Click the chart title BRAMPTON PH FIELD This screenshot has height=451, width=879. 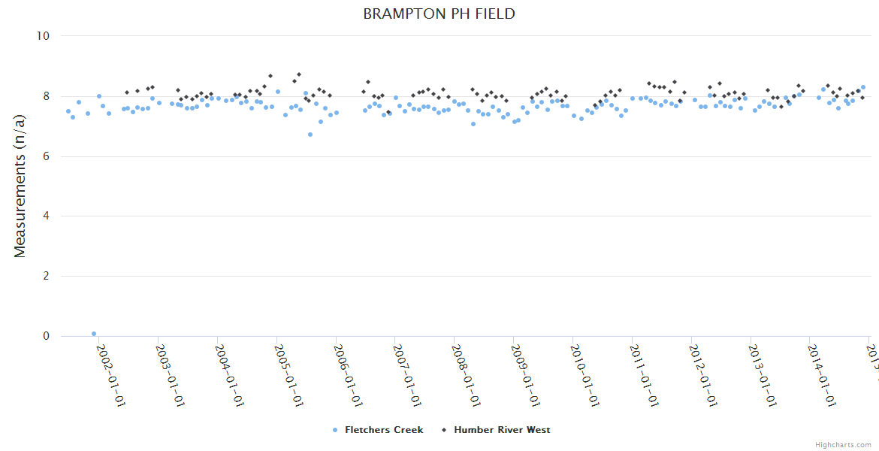[439, 14]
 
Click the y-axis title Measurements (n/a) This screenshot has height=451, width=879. [20, 186]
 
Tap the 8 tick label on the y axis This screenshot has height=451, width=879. [45, 96]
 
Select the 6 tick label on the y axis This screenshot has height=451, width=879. [45, 156]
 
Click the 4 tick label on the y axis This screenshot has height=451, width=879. [45, 216]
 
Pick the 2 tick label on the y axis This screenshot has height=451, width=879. [45, 277]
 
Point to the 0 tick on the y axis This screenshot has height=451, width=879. [45, 337]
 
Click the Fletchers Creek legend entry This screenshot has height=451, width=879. [383, 430]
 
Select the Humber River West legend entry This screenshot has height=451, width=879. [501, 430]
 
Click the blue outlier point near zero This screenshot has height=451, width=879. [94, 334]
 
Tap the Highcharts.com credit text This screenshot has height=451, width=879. [844, 445]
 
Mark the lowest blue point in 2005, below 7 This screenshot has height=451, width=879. [310, 135]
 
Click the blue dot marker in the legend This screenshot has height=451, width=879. [335, 430]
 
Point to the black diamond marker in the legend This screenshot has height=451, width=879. [444, 430]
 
